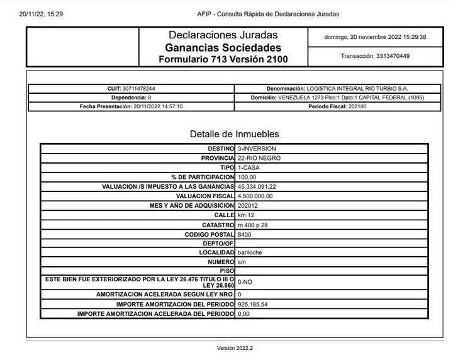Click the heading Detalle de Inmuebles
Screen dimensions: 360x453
pyautogui.click(x=234, y=134)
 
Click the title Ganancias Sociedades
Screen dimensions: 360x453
pyautogui.click(x=223, y=48)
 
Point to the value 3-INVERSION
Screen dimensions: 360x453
pyautogui.click(x=257, y=149)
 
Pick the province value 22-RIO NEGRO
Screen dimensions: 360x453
pyautogui.click(x=260, y=158)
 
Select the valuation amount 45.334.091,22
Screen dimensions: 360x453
pyautogui.click(x=266, y=187)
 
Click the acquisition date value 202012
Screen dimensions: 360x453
pyautogui.click(x=248, y=206)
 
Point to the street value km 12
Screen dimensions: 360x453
pyautogui.click(x=246, y=215)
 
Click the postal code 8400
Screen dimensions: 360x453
pyautogui.click(x=244, y=234)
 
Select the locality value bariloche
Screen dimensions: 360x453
pyautogui.click(x=250, y=252)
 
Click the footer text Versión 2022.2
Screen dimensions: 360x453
pyautogui.click(x=234, y=348)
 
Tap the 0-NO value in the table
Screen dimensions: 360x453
pyautogui.click(x=245, y=283)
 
